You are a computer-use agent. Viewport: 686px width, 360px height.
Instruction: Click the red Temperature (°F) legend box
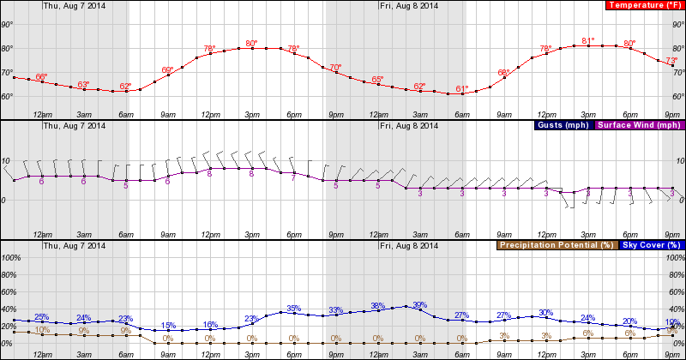(x=635, y=5)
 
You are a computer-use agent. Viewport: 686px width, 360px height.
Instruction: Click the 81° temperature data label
(x=588, y=40)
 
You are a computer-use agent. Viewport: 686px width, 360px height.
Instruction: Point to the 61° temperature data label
(x=461, y=88)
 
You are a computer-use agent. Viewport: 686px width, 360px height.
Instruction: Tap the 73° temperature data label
(x=671, y=60)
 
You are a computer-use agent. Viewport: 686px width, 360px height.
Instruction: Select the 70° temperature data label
(x=335, y=67)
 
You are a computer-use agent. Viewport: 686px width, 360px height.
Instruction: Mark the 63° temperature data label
(x=84, y=84)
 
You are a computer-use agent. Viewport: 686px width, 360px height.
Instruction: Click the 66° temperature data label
(x=41, y=77)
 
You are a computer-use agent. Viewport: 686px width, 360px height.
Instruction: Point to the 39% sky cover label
(x=419, y=304)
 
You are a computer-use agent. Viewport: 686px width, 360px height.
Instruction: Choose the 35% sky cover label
(x=293, y=308)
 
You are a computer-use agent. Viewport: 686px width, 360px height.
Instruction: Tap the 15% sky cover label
(x=168, y=325)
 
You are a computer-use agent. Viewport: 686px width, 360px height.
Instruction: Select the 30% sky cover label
(x=545, y=312)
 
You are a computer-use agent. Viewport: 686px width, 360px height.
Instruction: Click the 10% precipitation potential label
(x=41, y=329)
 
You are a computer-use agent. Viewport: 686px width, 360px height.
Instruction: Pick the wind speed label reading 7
(x=293, y=178)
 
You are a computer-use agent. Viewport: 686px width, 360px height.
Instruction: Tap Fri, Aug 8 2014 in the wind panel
(x=408, y=125)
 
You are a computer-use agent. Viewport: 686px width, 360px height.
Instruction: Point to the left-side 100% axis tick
(x=11, y=257)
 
